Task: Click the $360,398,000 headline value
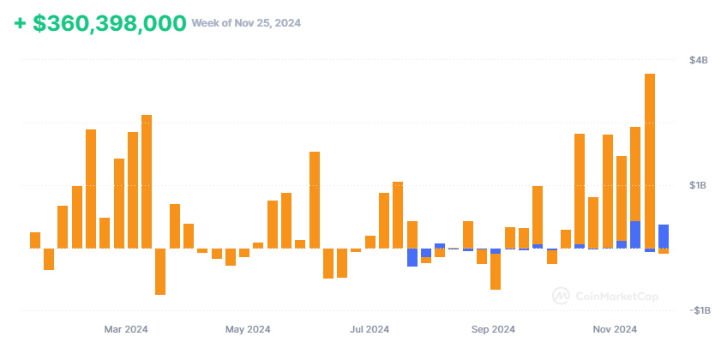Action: tap(109, 23)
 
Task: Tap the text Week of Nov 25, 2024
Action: tap(245, 23)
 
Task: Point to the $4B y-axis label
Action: tap(698, 61)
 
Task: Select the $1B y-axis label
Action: tap(698, 186)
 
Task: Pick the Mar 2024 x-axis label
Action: tap(125, 329)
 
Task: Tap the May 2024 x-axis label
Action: tap(248, 329)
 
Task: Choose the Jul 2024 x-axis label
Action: tap(370, 329)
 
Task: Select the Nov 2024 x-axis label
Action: tap(615, 329)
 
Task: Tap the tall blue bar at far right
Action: tap(664, 237)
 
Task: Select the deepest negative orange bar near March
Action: tap(160, 271)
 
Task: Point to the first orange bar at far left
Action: tap(35, 240)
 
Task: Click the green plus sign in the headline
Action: tap(20, 23)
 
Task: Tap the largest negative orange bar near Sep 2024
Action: tap(496, 271)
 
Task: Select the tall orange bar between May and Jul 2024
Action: tap(315, 200)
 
